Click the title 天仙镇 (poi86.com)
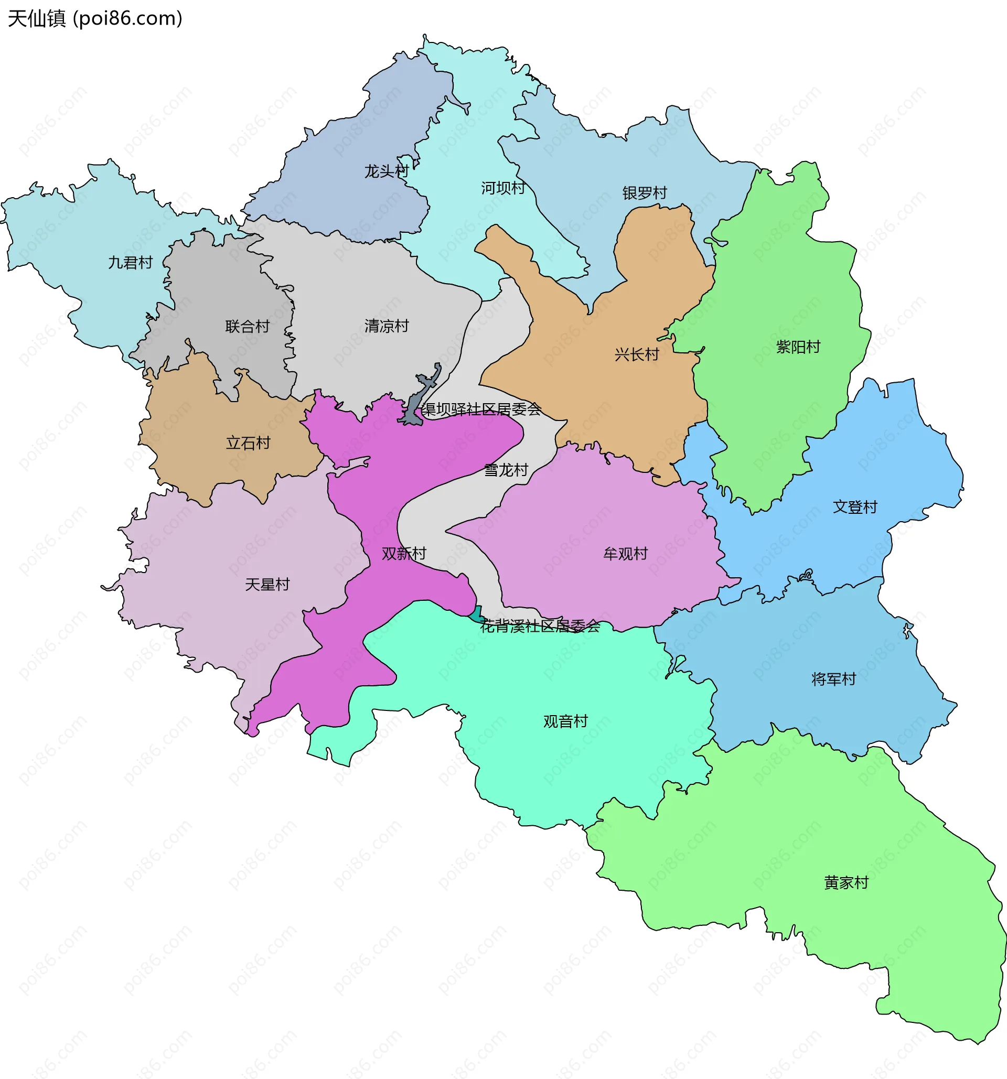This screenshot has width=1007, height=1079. pyautogui.click(x=95, y=18)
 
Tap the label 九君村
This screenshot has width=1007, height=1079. pyautogui.click(x=130, y=263)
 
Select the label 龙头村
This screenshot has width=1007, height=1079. pyautogui.click(x=386, y=171)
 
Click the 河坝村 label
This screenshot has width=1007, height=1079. pyautogui.click(x=503, y=188)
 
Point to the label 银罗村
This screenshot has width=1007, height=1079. pyautogui.click(x=645, y=193)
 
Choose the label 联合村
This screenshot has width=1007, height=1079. pyautogui.click(x=248, y=327)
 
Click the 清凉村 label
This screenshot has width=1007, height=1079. pyautogui.click(x=387, y=326)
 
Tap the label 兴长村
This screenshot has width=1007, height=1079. pyautogui.click(x=637, y=355)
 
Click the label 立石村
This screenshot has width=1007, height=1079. pyautogui.click(x=248, y=444)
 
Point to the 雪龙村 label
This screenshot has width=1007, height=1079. pyautogui.click(x=506, y=470)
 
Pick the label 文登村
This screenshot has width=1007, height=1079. pyautogui.click(x=855, y=508)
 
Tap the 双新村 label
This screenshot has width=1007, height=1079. pyautogui.click(x=404, y=554)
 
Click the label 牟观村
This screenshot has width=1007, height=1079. pyautogui.click(x=625, y=554)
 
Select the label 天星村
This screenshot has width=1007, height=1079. pyautogui.click(x=267, y=585)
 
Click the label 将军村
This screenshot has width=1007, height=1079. pyautogui.click(x=833, y=679)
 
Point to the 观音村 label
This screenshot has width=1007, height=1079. pyautogui.click(x=566, y=722)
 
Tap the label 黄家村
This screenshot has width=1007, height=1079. pyautogui.click(x=846, y=883)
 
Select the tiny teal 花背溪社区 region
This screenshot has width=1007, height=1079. pyautogui.click(x=476, y=616)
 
